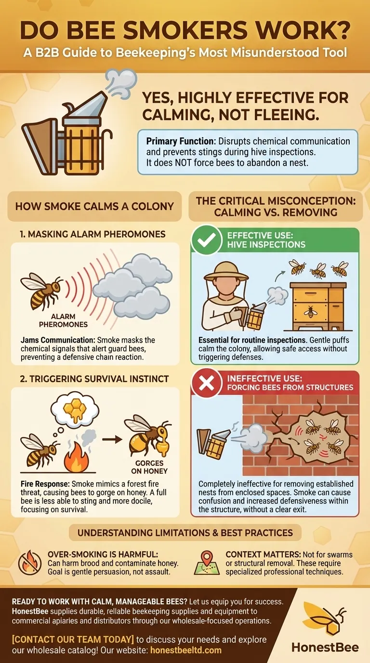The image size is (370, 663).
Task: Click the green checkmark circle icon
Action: pos(206,239)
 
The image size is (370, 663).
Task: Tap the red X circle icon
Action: pos(206,383)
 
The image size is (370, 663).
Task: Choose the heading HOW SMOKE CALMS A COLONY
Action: pos(94,207)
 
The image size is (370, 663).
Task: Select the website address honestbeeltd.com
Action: pos(186,650)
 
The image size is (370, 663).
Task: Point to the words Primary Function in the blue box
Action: pos(180,142)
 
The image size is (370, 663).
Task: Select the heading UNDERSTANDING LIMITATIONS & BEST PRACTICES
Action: pos(185,532)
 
